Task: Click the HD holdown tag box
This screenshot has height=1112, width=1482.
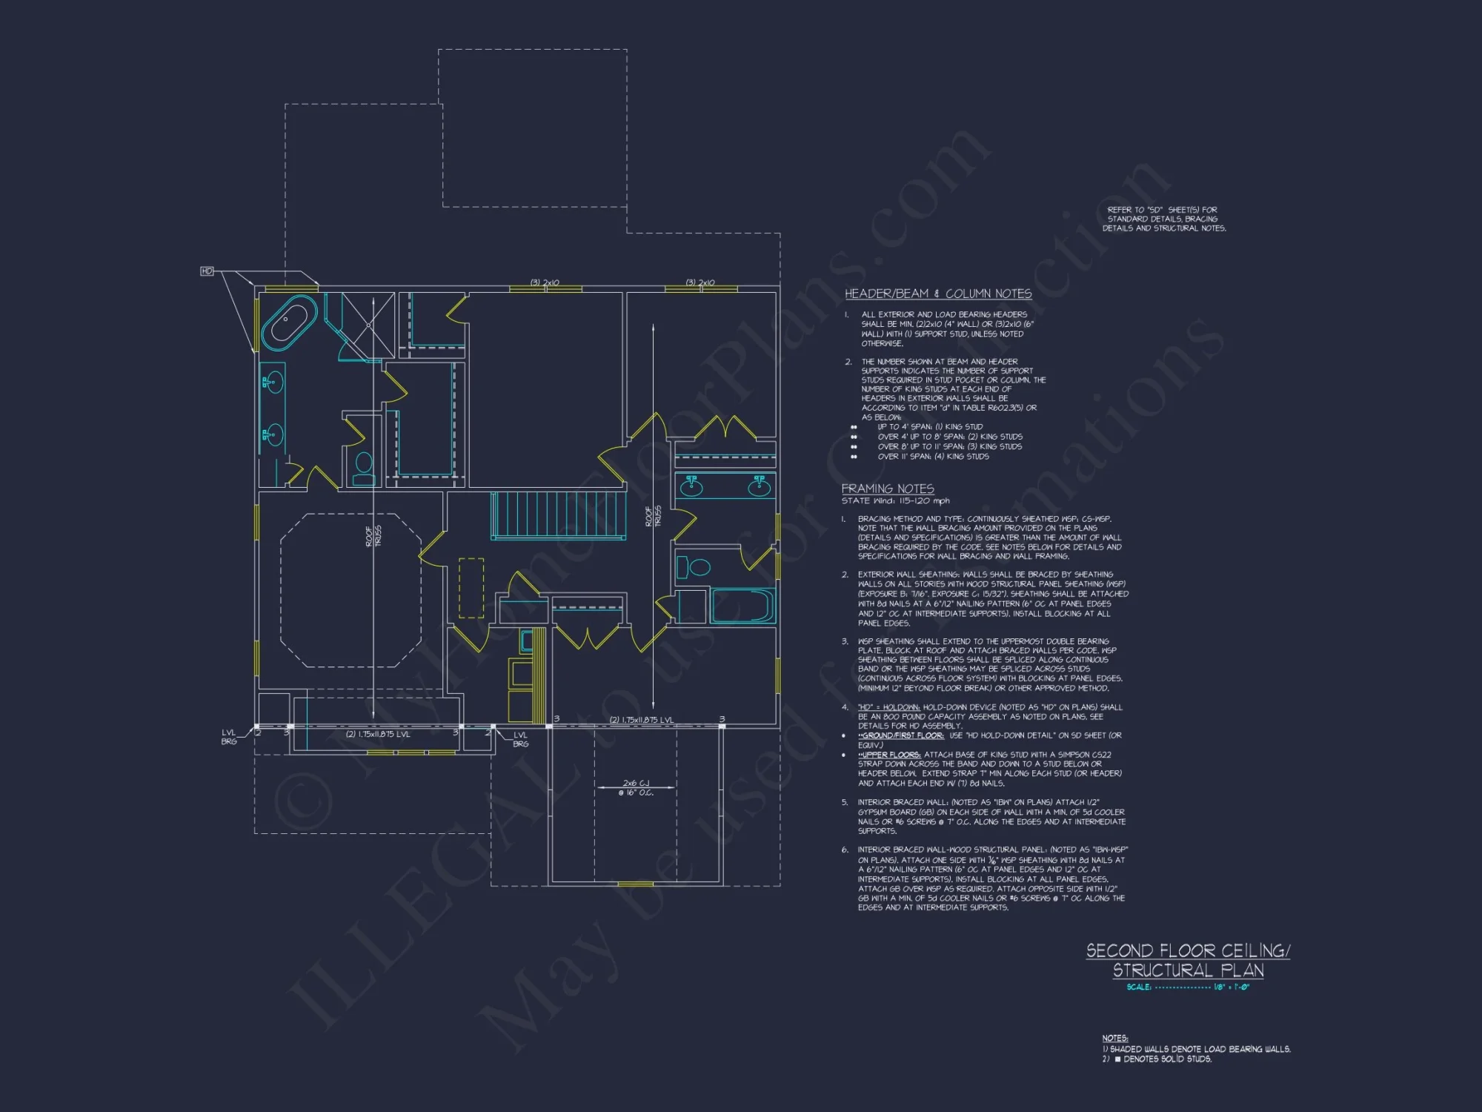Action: click(207, 271)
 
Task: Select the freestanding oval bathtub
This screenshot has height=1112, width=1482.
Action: click(289, 322)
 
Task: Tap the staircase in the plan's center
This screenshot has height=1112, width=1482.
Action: click(557, 514)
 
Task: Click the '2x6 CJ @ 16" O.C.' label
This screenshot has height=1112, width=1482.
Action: click(636, 787)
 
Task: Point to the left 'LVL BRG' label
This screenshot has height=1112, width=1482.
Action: click(229, 737)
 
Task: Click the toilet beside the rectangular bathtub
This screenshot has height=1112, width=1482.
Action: click(694, 568)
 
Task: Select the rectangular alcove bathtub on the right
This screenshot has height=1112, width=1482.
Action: click(742, 605)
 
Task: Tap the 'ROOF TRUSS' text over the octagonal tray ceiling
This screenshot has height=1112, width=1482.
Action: click(373, 536)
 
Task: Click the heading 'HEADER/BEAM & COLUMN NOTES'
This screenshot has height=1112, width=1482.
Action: click(938, 294)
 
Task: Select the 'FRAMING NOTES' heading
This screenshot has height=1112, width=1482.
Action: click(887, 489)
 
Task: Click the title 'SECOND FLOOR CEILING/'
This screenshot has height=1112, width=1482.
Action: click(1187, 950)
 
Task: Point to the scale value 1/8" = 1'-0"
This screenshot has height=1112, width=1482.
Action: click(1231, 987)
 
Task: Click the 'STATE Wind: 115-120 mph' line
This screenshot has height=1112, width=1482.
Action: click(895, 501)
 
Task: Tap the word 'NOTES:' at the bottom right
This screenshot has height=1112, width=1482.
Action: click(1114, 1038)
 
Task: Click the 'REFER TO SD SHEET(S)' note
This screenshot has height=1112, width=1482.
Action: click(1163, 219)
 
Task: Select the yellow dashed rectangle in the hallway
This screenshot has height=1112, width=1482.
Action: click(471, 588)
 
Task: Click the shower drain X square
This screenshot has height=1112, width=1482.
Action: click(368, 325)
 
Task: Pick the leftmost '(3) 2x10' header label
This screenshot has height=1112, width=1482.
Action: click(545, 282)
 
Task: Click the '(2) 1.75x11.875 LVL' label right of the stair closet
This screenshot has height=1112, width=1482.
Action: click(641, 720)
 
